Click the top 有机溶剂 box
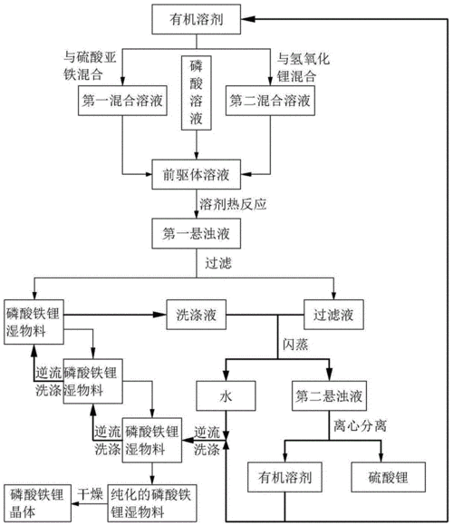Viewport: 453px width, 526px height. point(196,19)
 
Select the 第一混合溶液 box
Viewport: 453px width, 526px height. point(122,101)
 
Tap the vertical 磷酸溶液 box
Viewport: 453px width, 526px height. point(197,93)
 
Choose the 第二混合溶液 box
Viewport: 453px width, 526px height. point(270,101)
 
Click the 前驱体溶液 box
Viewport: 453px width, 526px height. point(196,174)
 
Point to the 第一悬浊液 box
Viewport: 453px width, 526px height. point(196,233)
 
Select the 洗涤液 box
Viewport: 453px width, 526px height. point(197,315)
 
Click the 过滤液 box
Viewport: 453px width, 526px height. point(333,315)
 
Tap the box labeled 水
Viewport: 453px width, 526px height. point(226,395)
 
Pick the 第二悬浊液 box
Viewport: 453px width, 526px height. point(329,395)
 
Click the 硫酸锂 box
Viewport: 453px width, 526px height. point(389,477)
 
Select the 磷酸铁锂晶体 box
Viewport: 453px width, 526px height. point(37,502)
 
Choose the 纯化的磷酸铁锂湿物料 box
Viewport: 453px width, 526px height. point(152,502)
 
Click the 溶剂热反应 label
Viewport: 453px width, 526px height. point(233,204)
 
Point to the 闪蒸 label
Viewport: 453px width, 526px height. point(295,345)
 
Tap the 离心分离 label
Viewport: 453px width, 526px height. point(361,425)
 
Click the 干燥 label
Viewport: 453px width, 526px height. point(90,494)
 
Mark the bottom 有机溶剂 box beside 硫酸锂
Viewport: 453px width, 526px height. point(284,477)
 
